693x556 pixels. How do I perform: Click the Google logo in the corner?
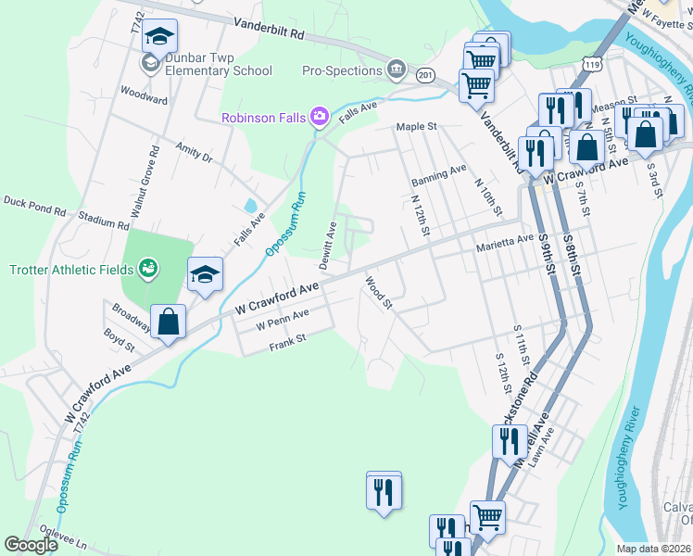pos(31,546)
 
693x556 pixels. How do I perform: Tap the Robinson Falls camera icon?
pos(320,116)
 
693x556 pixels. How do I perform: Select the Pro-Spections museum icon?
pos(397,70)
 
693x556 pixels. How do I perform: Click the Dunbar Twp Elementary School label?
pos(219,70)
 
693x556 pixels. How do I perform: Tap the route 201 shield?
pos(425,74)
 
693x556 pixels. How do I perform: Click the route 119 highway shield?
pos(590,60)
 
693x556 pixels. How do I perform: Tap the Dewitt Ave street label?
pos(328,246)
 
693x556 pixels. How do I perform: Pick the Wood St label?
pos(379,292)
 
